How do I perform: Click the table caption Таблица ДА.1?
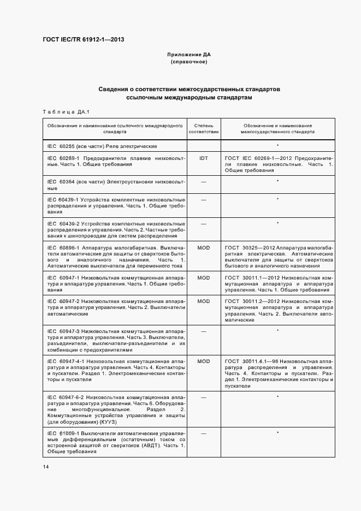(66, 112)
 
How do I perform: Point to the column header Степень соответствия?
(203, 128)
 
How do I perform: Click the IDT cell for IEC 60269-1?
(203, 158)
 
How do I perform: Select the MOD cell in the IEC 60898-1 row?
(203, 247)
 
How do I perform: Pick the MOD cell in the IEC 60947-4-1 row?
(203, 361)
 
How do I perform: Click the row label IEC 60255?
(61, 146)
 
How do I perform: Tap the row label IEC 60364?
(61, 181)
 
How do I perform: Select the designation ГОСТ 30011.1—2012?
(252, 278)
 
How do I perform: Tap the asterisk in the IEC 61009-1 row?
(278, 433)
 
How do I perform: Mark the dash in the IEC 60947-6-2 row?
(203, 397)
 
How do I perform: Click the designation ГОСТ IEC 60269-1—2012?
(259, 158)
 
